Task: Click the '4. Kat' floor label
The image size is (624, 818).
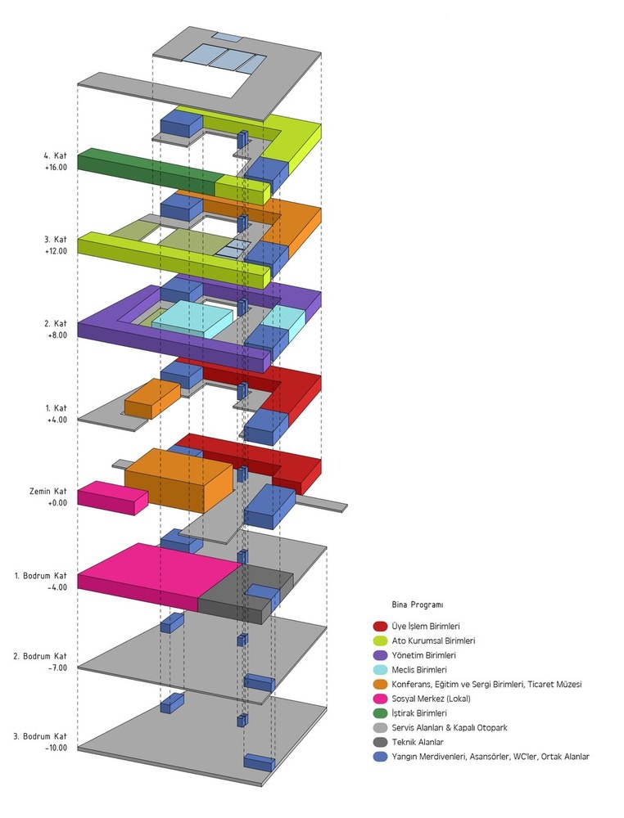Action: click(56, 156)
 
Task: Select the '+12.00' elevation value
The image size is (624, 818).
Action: click(56, 251)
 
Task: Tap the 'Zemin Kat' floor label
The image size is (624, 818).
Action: click(48, 492)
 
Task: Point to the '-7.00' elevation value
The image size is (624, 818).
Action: click(57, 667)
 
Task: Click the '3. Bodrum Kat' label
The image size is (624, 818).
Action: click(41, 737)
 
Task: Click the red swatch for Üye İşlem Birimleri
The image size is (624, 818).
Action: click(380, 626)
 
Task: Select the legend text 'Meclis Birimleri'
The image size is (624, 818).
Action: click(419, 670)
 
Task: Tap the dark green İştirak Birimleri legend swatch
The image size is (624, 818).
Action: click(380, 713)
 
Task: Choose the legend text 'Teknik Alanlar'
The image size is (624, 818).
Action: click(417, 742)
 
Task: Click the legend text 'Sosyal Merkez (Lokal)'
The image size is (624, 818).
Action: click(431, 699)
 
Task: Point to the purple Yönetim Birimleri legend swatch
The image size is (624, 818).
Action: click(380, 655)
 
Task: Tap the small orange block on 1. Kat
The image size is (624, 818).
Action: click(152, 399)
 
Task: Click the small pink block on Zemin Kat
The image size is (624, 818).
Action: click(112, 497)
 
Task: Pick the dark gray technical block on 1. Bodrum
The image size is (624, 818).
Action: click(246, 595)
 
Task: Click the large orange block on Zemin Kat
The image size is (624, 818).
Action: click(179, 480)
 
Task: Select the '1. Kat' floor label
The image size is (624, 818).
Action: click(56, 408)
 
